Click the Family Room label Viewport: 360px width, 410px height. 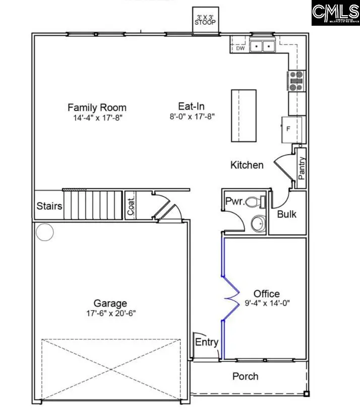coord(97,107)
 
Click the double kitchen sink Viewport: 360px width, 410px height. coord(262,46)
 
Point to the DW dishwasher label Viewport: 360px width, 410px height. coord(240,48)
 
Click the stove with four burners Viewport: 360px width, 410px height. coord(296,81)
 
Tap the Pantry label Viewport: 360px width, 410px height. coord(302,168)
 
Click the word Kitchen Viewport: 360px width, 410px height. coord(247,165)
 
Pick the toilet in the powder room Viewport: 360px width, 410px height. coord(258,202)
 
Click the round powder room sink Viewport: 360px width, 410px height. coord(259,224)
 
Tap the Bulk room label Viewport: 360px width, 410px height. coord(286,214)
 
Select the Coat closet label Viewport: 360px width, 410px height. coord(131,206)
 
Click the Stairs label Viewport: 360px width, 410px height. coord(49,206)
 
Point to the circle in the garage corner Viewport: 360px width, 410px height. coord(45,232)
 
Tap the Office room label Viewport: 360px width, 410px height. coord(266,294)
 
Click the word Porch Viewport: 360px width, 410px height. coord(245,376)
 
